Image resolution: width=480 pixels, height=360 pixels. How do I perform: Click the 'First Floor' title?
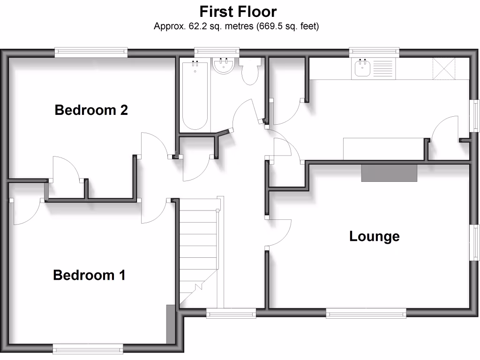click(x=238, y=11)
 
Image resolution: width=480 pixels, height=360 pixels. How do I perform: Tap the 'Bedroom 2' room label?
click(x=91, y=110)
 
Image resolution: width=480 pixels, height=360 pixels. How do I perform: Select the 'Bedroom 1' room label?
click(x=89, y=275)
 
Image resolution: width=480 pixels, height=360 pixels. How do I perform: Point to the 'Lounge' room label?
click(x=374, y=236)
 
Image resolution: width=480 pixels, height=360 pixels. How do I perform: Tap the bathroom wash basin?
click(x=224, y=66)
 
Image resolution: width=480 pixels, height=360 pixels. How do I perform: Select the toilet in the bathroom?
click(x=250, y=72)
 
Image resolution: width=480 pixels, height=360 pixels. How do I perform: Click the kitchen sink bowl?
click(x=362, y=69)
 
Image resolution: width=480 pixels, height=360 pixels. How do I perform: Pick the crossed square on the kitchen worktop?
click(x=444, y=68)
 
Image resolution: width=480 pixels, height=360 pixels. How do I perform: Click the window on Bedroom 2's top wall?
click(x=91, y=52)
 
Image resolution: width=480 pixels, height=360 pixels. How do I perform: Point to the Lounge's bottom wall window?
click(x=366, y=313)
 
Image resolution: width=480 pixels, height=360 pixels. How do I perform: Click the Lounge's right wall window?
click(x=475, y=242)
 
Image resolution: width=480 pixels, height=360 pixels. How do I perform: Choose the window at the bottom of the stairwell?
click(x=231, y=313)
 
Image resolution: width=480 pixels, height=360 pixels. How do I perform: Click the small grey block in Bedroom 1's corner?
click(x=170, y=324)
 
